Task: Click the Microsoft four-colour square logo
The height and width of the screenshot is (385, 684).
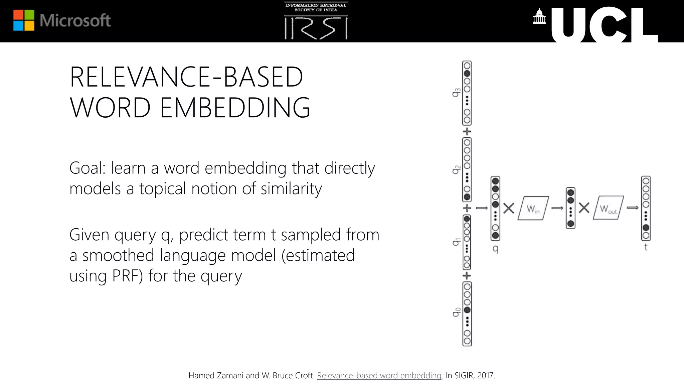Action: pyautogui.click(x=24, y=20)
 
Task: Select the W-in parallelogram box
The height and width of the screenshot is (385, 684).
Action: pyautogui.click(x=533, y=208)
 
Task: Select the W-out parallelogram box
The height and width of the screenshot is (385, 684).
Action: pyautogui.click(x=608, y=208)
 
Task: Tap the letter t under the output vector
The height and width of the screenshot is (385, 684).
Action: pyautogui.click(x=646, y=247)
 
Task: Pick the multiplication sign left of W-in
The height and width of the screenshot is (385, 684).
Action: pyautogui.click(x=509, y=209)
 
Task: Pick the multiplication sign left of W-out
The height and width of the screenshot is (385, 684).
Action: pyautogui.click(x=584, y=208)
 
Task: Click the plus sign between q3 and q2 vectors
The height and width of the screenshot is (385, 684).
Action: pyautogui.click(x=467, y=131)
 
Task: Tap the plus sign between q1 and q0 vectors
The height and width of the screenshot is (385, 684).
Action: pyautogui.click(x=467, y=276)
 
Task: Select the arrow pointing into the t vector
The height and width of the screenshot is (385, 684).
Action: pyautogui.click(x=632, y=208)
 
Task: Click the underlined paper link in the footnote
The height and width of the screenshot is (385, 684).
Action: pyautogui.click(x=379, y=376)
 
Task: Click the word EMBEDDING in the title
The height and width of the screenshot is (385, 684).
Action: pyautogui.click(x=235, y=108)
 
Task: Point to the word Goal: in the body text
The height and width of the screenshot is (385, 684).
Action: pyautogui.click(x=88, y=168)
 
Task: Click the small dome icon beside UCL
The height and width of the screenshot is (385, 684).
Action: pyautogui.click(x=539, y=17)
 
